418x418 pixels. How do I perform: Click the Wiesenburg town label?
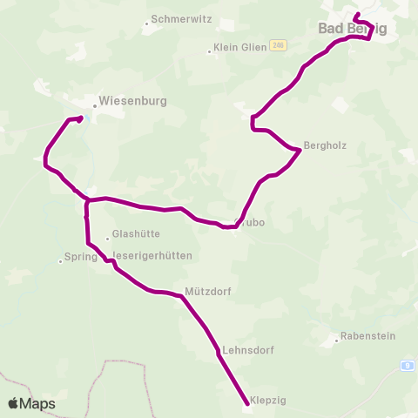pos(133,101)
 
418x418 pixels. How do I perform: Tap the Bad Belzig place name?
pos(352,29)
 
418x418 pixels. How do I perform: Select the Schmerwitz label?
pos(180,18)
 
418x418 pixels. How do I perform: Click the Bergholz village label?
pos(325,145)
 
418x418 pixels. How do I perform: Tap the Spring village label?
pos(80,259)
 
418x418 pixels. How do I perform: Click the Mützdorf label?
pos(208,292)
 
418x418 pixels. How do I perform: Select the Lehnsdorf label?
pos(248,350)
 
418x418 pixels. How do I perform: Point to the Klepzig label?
pos(268,400)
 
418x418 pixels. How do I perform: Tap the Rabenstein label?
pos(368,335)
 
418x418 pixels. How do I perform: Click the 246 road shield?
pos(278,45)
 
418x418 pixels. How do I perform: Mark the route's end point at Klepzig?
pos(246,401)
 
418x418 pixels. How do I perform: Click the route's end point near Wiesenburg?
pos(80,118)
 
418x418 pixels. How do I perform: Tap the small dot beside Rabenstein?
pos(337,340)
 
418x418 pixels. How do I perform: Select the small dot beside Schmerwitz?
pos(146,23)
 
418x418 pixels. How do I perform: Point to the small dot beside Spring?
pos(60,260)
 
